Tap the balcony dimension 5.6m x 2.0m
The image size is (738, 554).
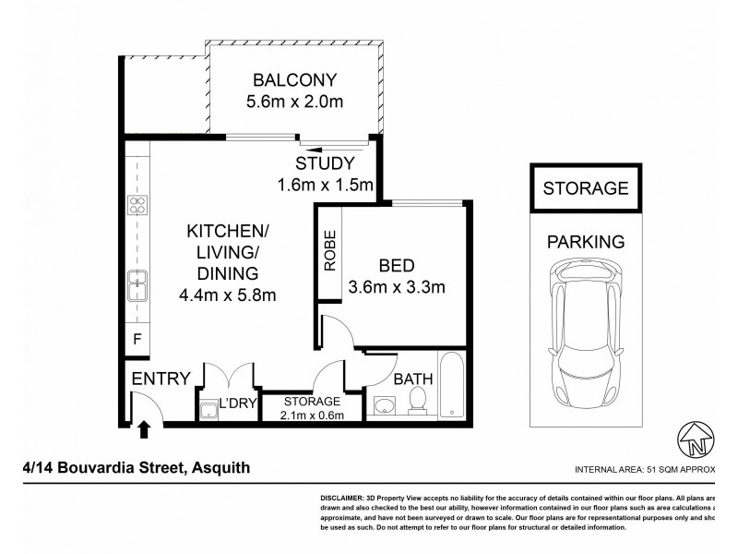(x=294, y=101)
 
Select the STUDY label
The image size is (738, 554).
(x=325, y=164)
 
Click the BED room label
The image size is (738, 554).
(x=398, y=264)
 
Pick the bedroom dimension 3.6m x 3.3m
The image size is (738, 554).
(x=398, y=286)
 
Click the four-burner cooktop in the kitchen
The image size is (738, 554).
(x=137, y=206)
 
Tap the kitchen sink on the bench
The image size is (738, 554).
(x=137, y=285)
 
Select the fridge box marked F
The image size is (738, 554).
(x=137, y=339)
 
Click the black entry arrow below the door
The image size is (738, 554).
(x=143, y=428)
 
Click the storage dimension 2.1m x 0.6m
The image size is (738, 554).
(x=312, y=415)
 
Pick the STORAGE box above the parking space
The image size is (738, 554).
(x=586, y=188)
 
